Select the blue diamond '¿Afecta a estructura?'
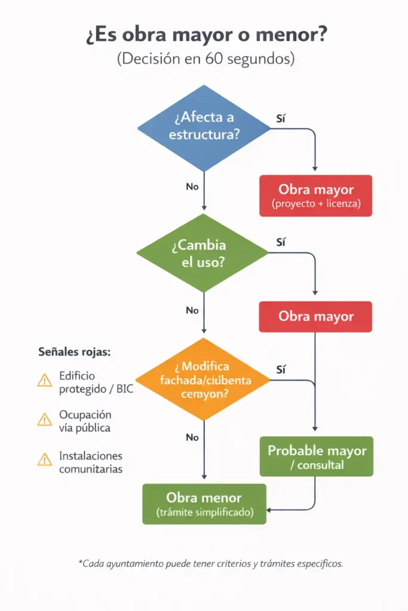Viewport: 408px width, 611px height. [204, 127]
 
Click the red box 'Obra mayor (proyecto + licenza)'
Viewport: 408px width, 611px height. [315, 196]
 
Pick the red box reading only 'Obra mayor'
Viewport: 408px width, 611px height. [315, 317]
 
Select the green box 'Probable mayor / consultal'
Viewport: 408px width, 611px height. [316, 456]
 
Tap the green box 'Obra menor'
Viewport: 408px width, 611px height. [205, 504]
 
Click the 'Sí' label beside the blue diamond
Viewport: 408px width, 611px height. [281, 118]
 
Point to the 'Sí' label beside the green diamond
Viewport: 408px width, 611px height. [281, 242]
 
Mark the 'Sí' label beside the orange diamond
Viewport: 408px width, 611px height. [281, 370]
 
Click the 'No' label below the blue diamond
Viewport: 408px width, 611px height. [192, 187]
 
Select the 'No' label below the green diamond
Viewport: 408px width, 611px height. [192, 310]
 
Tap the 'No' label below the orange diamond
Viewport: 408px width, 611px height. [192, 437]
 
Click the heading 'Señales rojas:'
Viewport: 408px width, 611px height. [74, 352]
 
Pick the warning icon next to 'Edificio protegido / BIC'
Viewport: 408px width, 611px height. [45, 381]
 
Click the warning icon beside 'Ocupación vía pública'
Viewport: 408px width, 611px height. [45, 420]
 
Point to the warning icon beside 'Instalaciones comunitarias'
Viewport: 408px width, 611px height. [45, 459]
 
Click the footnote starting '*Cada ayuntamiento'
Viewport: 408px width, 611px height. [210, 563]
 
